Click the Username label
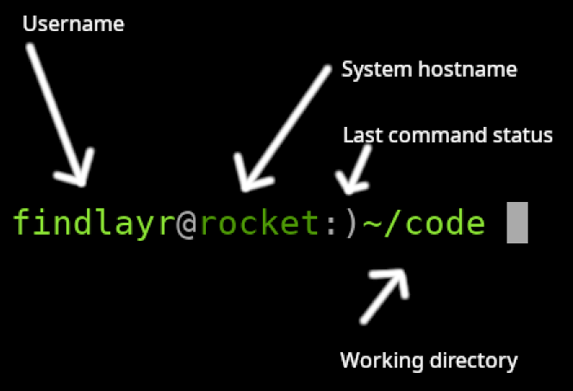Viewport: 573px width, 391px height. pyautogui.click(x=73, y=24)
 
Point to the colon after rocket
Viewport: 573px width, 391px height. pyautogui.click(x=331, y=224)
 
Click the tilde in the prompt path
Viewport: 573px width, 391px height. pyautogui.click(x=371, y=224)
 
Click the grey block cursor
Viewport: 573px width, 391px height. pyautogui.click(x=516, y=222)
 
